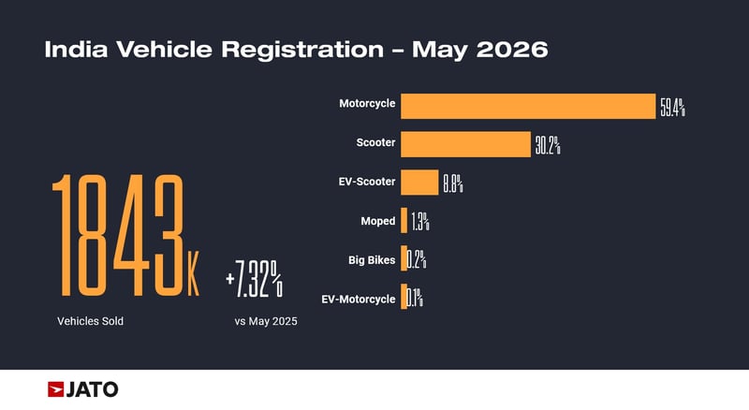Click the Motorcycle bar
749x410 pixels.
528,106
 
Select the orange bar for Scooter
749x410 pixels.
465,144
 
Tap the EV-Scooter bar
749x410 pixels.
419,182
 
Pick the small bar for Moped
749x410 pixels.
404,220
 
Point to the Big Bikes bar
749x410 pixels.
404,258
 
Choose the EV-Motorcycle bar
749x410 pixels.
404,297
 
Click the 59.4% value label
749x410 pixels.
672,107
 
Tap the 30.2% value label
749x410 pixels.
548,145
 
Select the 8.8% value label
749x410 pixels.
453,183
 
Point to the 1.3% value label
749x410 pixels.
420,222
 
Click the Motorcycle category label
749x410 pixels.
367,104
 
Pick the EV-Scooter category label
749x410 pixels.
367,182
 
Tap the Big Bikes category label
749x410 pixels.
372,260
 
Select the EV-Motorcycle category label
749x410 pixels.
359,300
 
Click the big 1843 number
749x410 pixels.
118,235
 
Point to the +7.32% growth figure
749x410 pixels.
254,279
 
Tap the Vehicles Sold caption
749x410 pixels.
90,321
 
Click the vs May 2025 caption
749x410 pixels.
266,321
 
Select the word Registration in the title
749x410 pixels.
302,50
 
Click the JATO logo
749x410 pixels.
82,389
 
